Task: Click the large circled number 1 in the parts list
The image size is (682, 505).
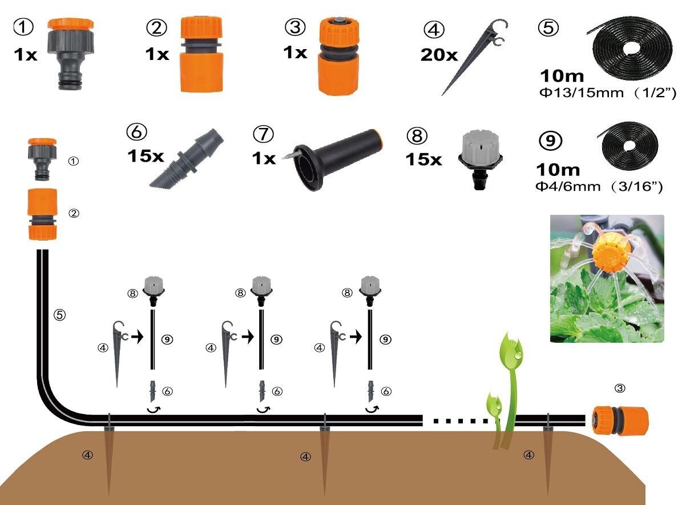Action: (x=23, y=26)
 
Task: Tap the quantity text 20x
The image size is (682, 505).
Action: (x=439, y=55)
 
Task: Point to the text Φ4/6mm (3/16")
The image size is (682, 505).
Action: (x=599, y=187)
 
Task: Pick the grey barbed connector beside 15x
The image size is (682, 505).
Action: (x=187, y=159)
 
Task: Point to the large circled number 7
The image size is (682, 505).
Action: (x=264, y=134)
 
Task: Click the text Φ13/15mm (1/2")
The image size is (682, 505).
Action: (x=608, y=93)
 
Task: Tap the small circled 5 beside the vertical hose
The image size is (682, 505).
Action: (x=59, y=314)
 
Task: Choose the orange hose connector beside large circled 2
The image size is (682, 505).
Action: (x=201, y=54)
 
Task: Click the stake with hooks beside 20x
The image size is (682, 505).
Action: (x=474, y=56)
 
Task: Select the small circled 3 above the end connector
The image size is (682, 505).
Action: (x=620, y=388)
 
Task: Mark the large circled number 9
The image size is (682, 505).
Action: (x=550, y=141)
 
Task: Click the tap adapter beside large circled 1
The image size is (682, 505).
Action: (x=70, y=53)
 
